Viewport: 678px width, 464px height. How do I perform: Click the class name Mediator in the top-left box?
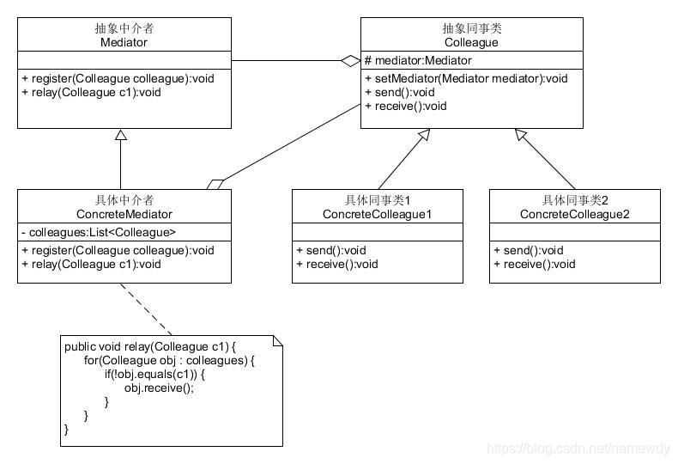pyautogui.click(x=124, y=42)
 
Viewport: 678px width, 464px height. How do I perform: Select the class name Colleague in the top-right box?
pyautogui.click(x=472, y=42)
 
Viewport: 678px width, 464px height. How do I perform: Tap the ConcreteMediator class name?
pyautogui.click(x=124, y=214)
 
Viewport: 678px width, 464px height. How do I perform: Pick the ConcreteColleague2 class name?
pyautogui.click(x=575, y=214)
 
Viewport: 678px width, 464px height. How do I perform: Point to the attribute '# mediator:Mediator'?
pyautogui.click(x=418, y=61)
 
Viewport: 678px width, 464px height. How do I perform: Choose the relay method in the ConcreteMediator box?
pyautogui.click(x=91, y=265)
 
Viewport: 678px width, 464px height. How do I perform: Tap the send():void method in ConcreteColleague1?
pyautogui.click(x=330, y=250)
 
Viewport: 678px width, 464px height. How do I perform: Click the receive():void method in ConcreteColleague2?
pyautogui.click(x=534, y=265)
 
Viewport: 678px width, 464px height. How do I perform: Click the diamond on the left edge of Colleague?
pyautogui.click(x=350, y=61)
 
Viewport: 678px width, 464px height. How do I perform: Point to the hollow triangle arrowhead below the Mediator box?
pyautogui.click(x=121, y=135)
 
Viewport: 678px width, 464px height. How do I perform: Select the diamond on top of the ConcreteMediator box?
pyautogui.click(x=215, y=184)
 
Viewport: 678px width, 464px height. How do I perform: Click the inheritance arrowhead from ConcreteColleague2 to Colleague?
pyautogui.click(x=521, y=134)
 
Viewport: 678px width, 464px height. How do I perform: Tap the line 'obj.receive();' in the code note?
pyautogui.click(x=159, y=388)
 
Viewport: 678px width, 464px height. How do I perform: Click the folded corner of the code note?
pyautogui.click(x=276, y=341)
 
